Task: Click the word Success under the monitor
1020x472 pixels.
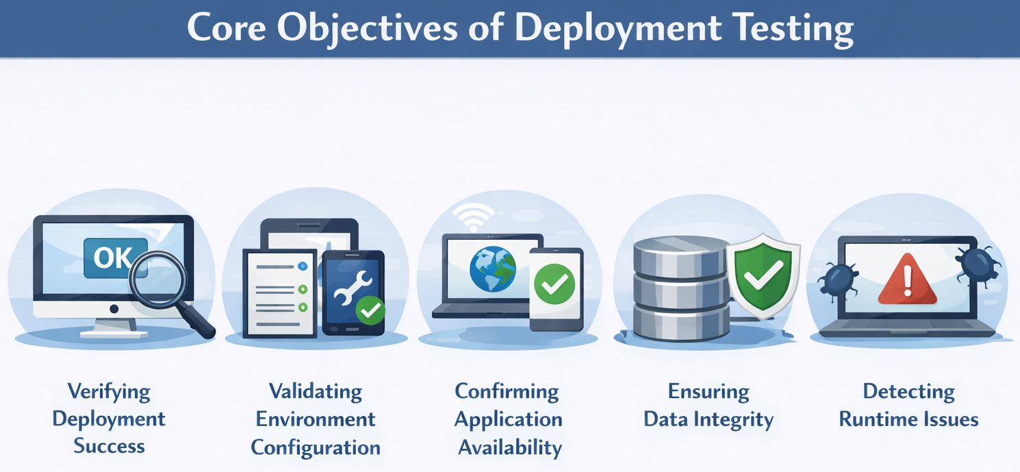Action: (x=109, y=446)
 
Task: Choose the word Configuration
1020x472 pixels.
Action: (x=316, y=447)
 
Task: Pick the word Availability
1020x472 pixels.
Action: (x=509, y=447)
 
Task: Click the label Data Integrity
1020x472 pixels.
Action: (x=709, y=419)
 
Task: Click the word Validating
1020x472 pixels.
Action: (x=315, y=391)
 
